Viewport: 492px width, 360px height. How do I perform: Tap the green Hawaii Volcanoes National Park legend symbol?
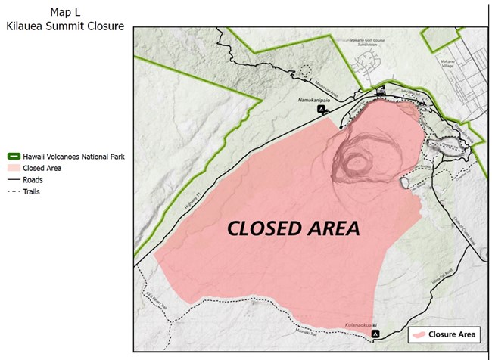coord(13,157)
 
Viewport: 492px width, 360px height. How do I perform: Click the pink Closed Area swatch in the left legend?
coord(13,169)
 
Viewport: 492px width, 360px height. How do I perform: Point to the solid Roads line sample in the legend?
coord(13,180)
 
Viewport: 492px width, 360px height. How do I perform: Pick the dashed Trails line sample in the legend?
coord(13,191)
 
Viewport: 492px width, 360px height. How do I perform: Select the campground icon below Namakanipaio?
coord(322,109)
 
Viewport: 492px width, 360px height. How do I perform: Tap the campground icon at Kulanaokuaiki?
coord(375,334)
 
